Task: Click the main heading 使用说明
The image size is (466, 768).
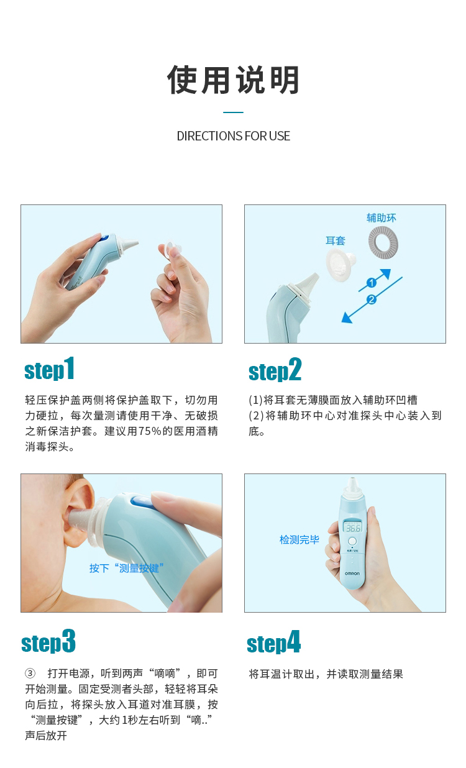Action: point(233,80)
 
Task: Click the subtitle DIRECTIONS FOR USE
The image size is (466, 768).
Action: point(233,136)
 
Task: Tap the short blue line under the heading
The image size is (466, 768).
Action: point(233,112)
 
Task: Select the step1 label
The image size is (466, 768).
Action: point(49,369)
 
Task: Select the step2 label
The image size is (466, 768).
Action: point(275,370)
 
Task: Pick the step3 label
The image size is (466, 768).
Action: point(48,641)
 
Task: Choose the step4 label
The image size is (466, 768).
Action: point(273,642)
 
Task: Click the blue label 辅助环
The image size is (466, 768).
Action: point(381,217)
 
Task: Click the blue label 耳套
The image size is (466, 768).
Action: point(336,240)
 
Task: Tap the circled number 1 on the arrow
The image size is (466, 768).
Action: point(372,283)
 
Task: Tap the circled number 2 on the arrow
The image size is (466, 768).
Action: point(372,299)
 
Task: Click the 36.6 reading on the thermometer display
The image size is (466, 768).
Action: point(353,528)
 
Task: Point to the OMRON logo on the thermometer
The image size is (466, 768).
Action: point(352,574)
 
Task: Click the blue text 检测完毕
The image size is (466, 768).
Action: point(299,539)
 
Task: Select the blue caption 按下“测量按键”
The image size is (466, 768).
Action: point(127,568)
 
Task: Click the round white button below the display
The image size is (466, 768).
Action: point(352,541)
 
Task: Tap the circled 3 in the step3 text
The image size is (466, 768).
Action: point(30,674)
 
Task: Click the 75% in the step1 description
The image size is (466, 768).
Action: point(150,431)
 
